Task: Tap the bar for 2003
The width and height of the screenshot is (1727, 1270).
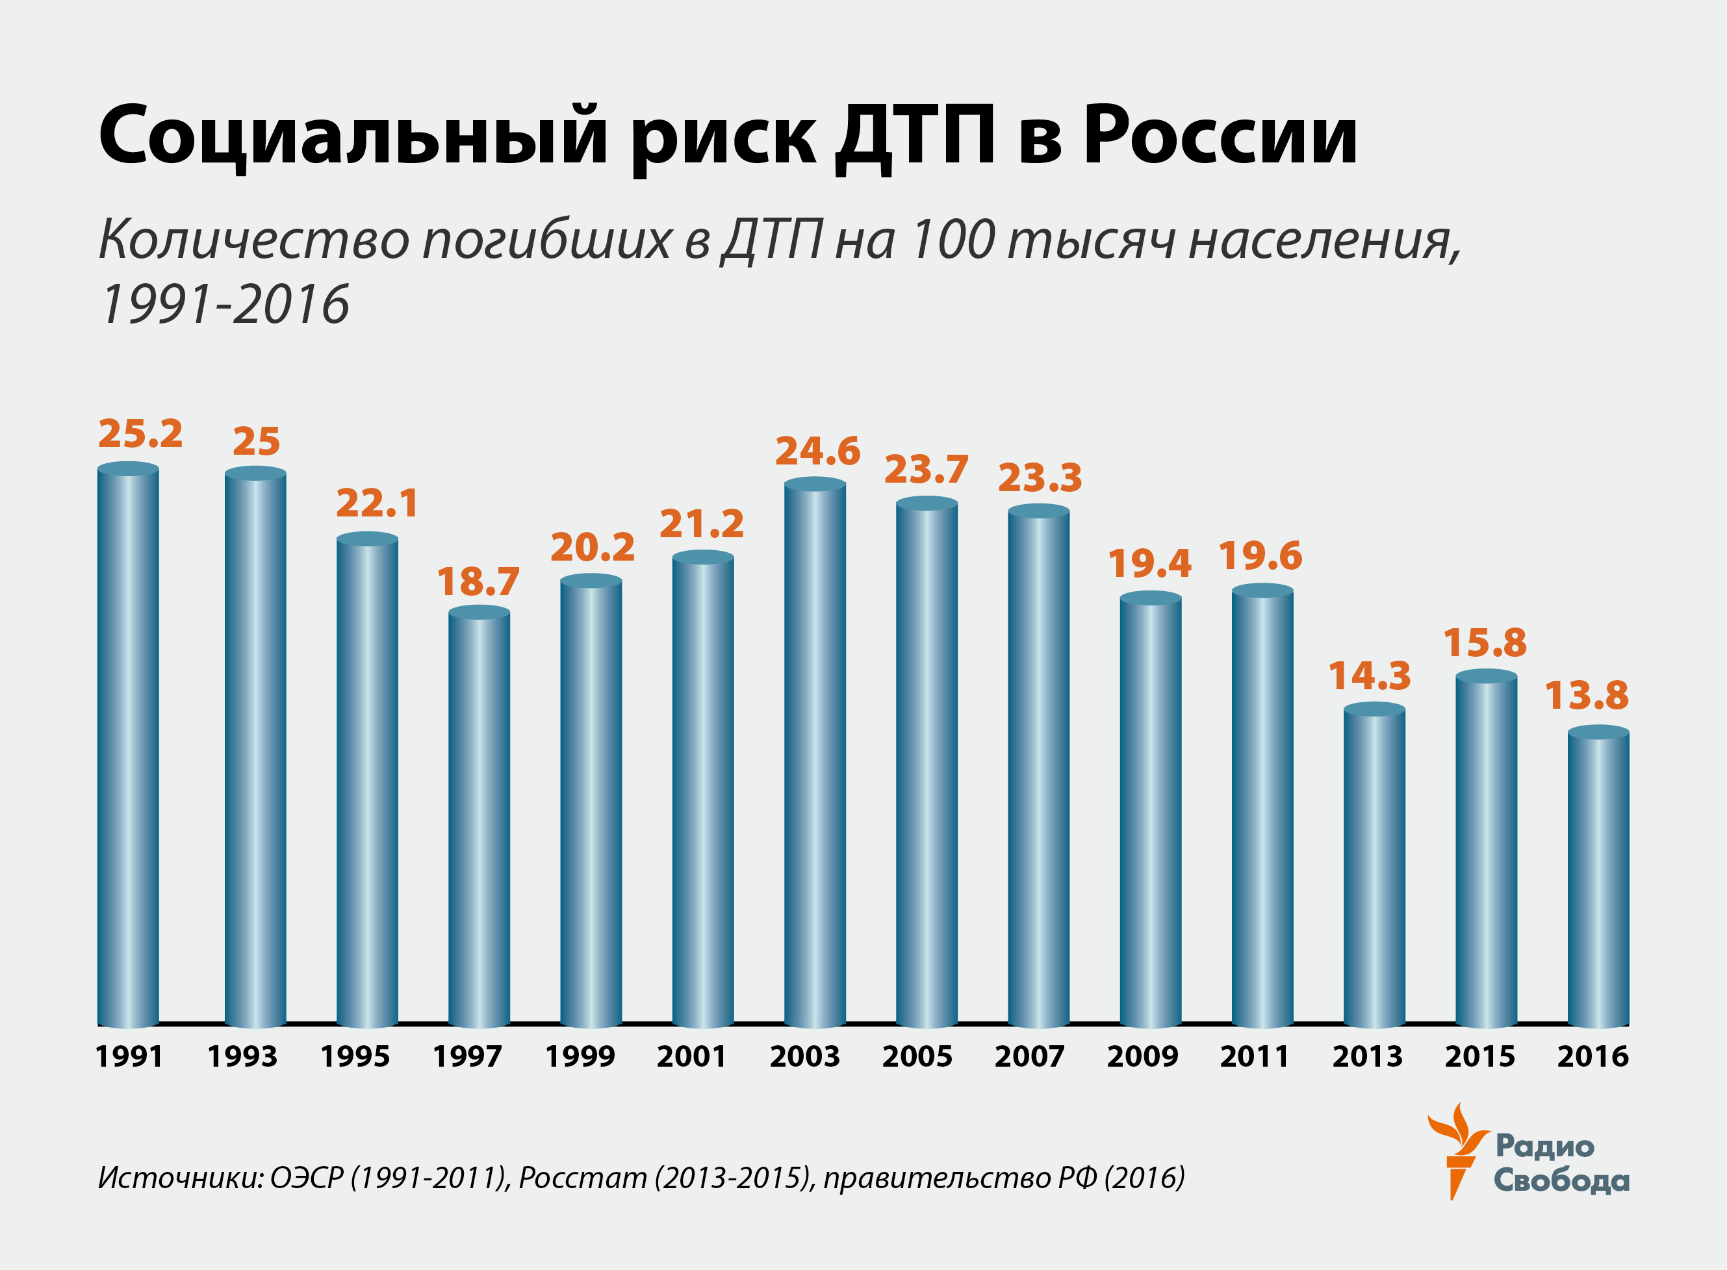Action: pos(814,754)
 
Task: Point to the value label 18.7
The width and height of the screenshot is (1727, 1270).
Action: pos(478,582)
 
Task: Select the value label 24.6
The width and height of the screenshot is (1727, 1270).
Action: pos(817,451)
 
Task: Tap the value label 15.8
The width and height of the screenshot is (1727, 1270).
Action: pos(1485,642)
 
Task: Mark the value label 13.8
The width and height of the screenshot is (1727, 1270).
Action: pos(1586,696)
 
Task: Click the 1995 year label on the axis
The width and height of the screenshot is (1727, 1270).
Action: pos(355,1057)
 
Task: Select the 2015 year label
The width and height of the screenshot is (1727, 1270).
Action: pos(1479,1057)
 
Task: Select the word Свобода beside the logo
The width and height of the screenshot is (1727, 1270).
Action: pos(1561,1180)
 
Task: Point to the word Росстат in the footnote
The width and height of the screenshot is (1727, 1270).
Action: pos(582,1178)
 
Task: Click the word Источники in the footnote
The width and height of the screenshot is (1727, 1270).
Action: pos(180,1178)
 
